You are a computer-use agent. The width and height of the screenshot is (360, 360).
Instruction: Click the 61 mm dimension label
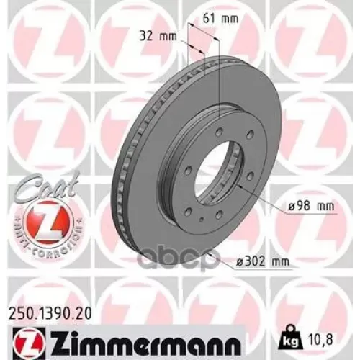coord(220,19)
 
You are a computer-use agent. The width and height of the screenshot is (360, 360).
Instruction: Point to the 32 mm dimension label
coord(158,36)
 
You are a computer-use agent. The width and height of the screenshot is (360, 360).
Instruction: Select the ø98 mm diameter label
coord(311,206)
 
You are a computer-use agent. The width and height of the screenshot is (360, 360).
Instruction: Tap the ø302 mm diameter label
coord(263,261)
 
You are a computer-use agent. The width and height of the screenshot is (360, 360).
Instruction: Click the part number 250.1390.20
coord(50,314)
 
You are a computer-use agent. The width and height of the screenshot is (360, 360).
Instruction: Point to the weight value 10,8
coord(319,340)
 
